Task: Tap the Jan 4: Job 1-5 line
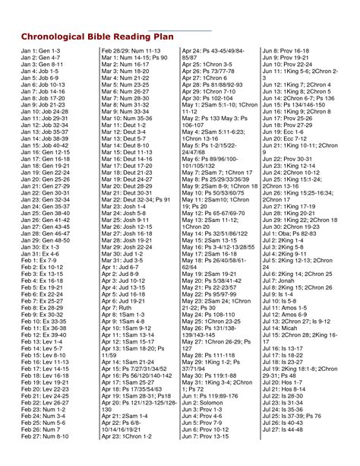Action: click(33, 76)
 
